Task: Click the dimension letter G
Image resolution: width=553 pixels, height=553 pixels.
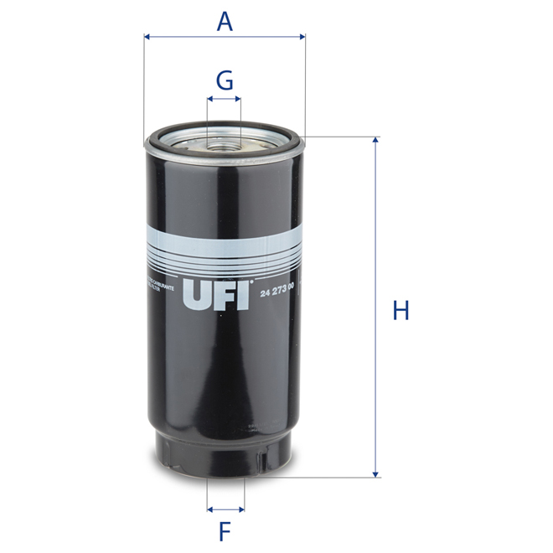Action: pos(224,80)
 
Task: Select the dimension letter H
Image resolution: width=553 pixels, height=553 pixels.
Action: pos(401,311)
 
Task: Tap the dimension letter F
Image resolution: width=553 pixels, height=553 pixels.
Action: pos(225,530)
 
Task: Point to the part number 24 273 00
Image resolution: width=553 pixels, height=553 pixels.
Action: pos(283,291)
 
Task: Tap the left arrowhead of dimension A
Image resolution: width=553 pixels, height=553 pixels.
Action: pos(147,37)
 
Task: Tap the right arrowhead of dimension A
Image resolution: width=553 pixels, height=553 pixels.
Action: pos(302,37)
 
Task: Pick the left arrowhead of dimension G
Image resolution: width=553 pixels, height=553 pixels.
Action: pos(209,99)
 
